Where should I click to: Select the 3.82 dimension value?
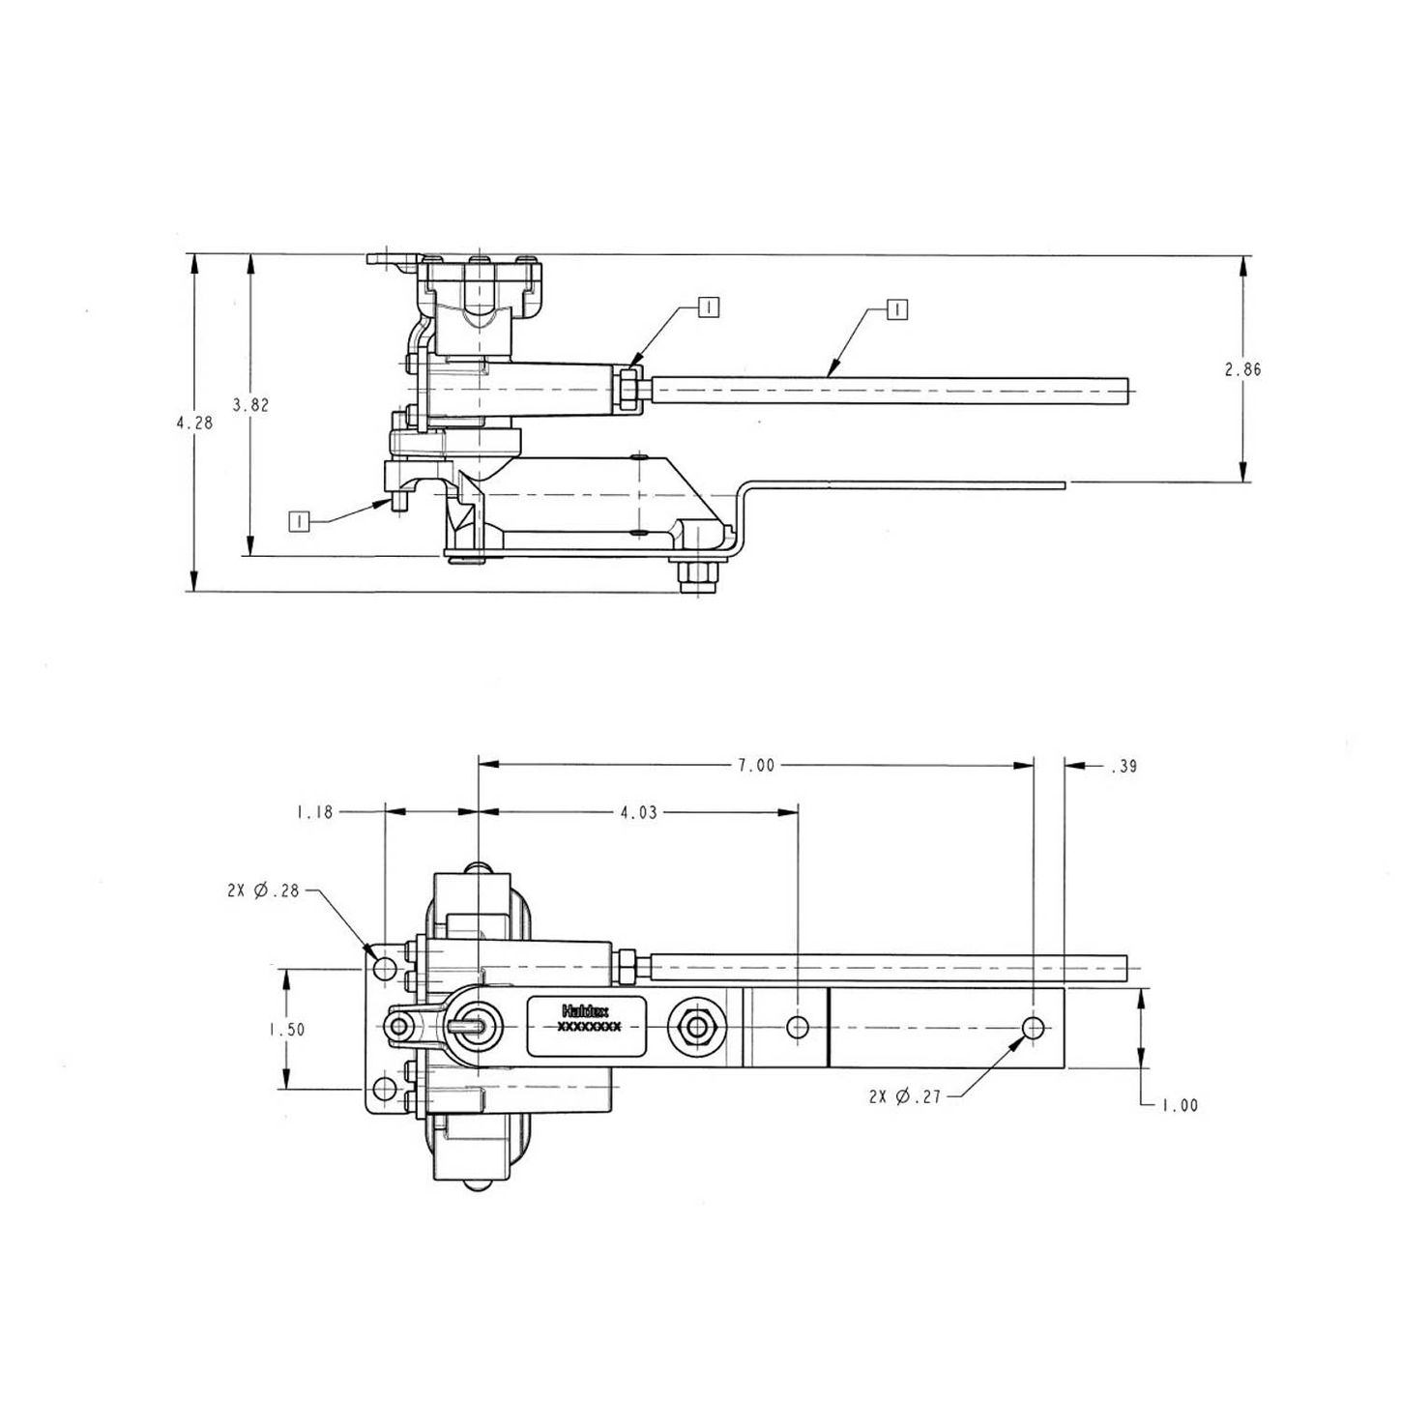pos(250,405)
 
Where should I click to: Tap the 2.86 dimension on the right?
pos(1242,369)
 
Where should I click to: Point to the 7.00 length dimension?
pos(756,765)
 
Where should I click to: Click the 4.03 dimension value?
pos(638,812)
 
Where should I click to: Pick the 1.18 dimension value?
pos(314,812)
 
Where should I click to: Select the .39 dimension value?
pos(1124,767)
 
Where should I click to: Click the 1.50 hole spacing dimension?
pos(286,1030)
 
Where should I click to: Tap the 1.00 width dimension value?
pos(1180,1105)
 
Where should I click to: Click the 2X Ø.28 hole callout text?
pos(264,891)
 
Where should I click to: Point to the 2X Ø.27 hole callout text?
pos(905,1096)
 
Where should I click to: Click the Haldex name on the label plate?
pos(585,1010)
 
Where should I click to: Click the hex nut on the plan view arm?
pos(694,1027)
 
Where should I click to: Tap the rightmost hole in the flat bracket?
pos(1034,1027)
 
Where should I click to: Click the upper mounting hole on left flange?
pos(386,968)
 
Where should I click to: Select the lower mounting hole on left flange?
pos(386,1090)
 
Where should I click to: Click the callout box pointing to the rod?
pos(898,309)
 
